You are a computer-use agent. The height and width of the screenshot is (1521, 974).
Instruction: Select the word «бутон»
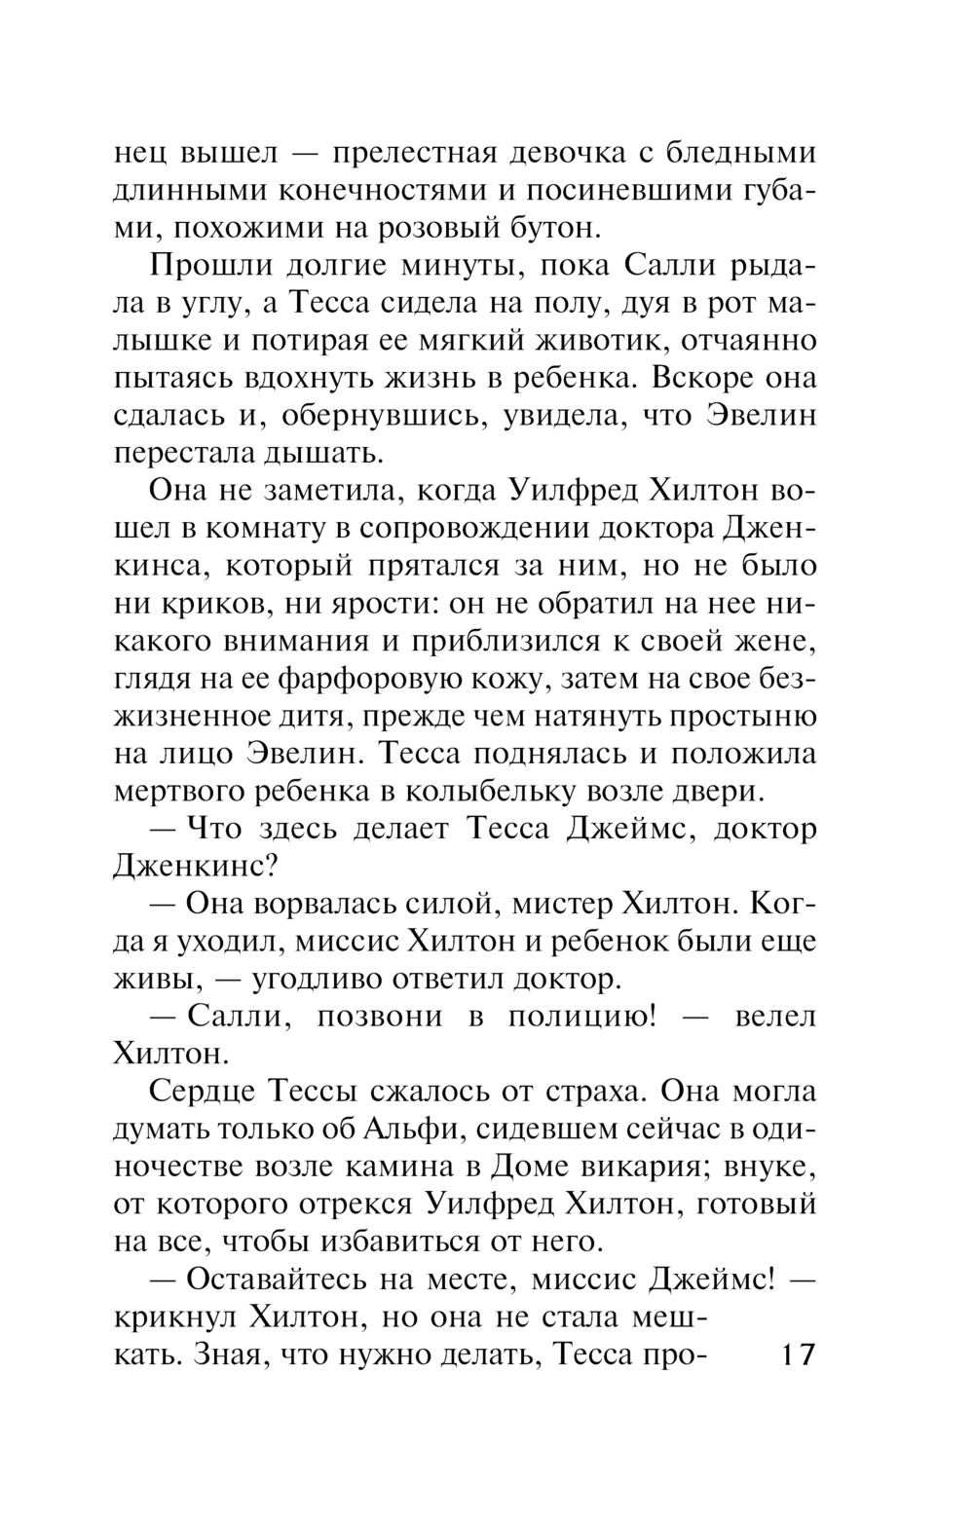[x=550, y=229]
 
